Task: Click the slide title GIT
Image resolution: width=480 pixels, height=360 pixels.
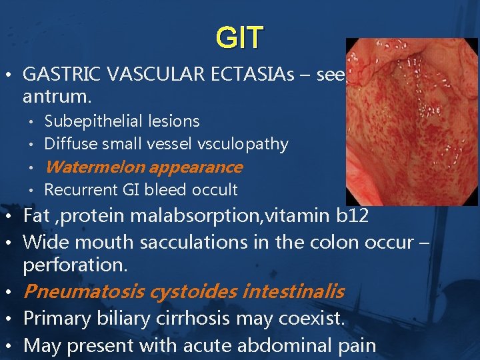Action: click(239, 37)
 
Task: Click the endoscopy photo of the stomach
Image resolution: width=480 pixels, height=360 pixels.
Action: click(412, 120)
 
